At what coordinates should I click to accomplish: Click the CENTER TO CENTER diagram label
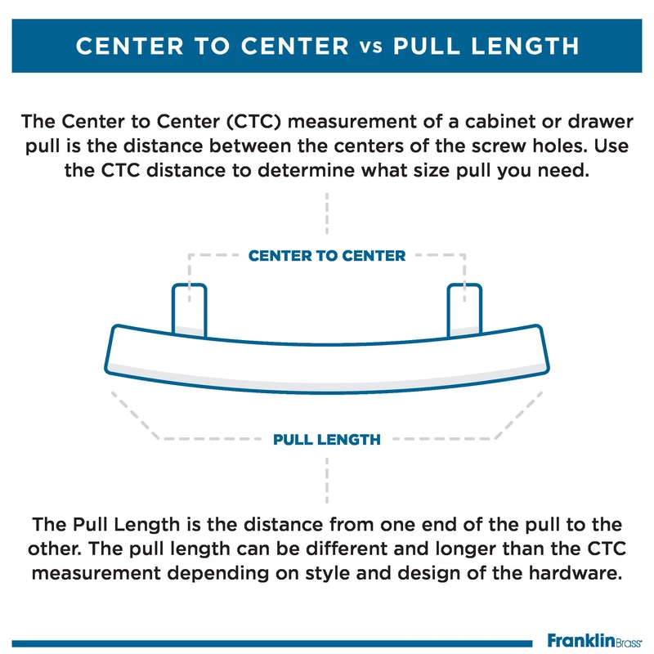(327, 256)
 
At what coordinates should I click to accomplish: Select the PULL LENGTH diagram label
(327, 440)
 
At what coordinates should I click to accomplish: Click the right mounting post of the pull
(464, 308)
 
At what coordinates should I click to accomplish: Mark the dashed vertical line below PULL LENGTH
(327, 478)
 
